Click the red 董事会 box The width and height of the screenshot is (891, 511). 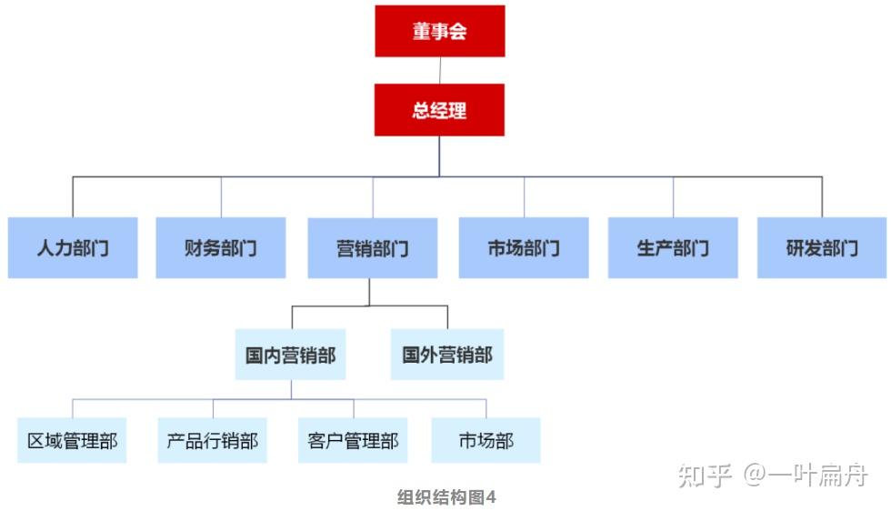point(439,31)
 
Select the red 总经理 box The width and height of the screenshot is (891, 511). point(439,110)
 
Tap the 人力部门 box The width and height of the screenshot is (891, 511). point(73,247)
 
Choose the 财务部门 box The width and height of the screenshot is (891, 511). point(221,247)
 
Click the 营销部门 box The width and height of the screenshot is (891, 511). point(372,247)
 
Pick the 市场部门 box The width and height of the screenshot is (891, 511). point(523,247)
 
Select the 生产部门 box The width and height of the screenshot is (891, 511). point(673,247)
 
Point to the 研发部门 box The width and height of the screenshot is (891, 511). point(822,247)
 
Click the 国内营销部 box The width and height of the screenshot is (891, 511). point(290,354)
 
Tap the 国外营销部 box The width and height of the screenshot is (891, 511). point(447,354)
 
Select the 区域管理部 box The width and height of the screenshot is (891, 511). point(72,441)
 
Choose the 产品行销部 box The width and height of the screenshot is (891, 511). point(212,441)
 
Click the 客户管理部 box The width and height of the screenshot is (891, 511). point(353,441)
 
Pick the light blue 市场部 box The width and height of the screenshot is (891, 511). point(486,441)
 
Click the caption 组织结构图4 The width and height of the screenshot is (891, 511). point(446,496)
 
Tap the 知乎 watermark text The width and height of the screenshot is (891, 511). point(706,475)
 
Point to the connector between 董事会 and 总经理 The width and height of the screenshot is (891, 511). point(440,70)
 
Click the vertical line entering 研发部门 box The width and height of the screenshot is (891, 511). point(822,196)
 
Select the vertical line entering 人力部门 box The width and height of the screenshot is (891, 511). point(73,196)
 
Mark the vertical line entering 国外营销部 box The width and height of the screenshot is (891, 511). point(447,317)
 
